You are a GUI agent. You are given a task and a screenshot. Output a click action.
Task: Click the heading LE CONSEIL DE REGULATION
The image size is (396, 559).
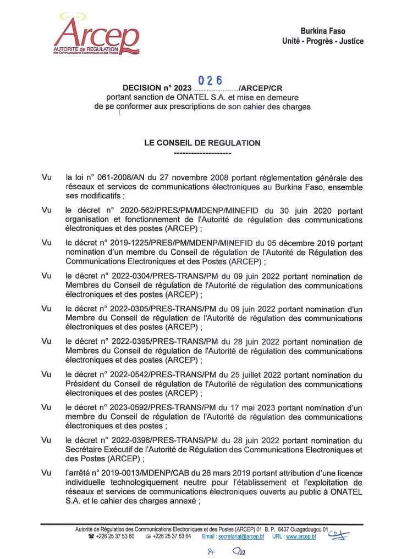coord(202,143)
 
